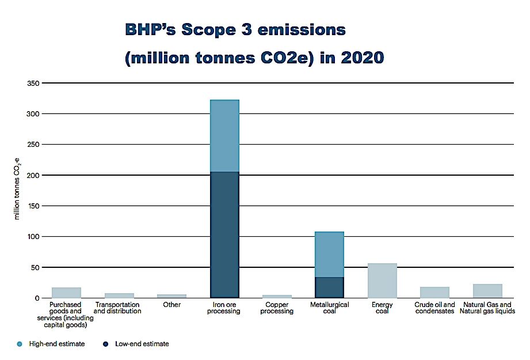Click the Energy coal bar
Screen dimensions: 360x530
coord(382,281)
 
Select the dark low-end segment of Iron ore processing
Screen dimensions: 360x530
coord(224,234)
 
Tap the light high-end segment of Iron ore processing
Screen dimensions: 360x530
coord(224,136)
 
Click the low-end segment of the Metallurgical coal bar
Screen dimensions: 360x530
coord(329,287)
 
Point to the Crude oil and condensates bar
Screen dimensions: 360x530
coord(434,292)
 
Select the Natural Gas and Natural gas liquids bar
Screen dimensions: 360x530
coord(487,291)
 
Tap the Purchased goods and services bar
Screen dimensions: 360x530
coord(66,293)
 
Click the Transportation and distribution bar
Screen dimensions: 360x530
coord(119,295)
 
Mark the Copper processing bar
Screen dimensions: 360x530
coord(277,296)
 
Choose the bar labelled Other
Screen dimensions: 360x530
coord(171,296)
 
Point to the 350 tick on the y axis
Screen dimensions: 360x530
coord(31,84)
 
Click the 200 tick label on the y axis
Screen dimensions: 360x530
coord(31,175)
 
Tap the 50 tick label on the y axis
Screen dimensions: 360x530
coord(33,267)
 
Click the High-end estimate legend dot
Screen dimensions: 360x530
coord(21,344)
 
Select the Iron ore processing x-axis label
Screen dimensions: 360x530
coord(224,308)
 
